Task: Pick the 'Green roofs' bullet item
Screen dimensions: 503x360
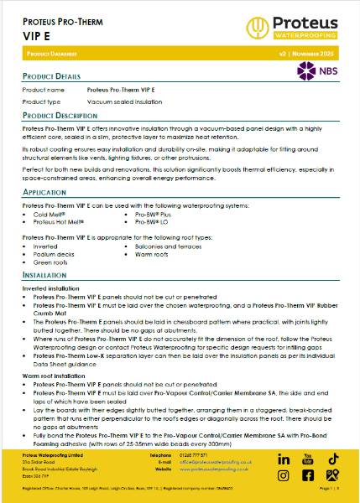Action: click(x=51, y=262)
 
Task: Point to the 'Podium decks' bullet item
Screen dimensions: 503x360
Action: click(x=54, y=255)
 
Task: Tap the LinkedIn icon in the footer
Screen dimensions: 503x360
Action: click(x=284, y=459)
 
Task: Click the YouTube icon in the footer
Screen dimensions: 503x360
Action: click(x=308, y=459)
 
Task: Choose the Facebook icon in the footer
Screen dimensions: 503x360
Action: click(x=284, y=475)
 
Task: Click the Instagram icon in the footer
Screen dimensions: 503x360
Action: click(x=308, y=475)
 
